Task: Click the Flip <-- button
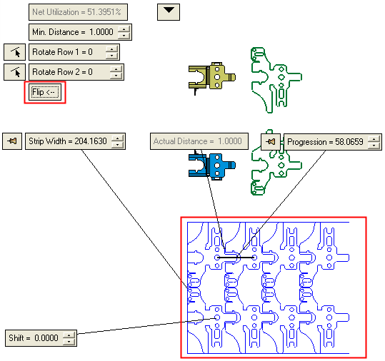(45, 92)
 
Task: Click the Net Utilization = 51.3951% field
(78, 12)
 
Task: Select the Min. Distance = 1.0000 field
(74, 32)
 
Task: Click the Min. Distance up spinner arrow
(124, 29)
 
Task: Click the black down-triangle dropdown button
(169, 12)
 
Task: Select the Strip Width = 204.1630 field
(69, 141)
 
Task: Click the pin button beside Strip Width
(12, 141)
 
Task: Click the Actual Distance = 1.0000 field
(199, 141)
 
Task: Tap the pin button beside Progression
(271, 142)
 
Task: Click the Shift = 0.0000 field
(34, 338)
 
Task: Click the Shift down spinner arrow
(69, 341)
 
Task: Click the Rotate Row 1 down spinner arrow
(111, 56)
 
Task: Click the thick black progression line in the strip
(236, 258)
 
